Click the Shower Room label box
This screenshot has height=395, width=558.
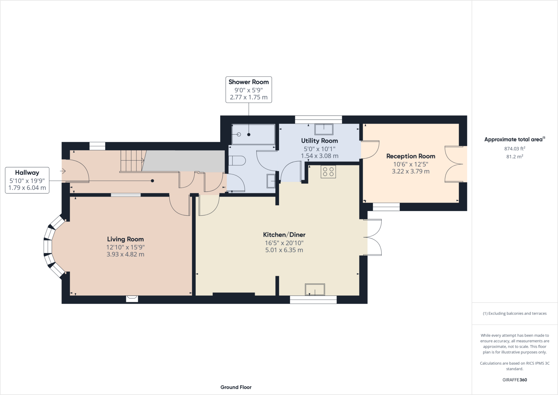point(248,89)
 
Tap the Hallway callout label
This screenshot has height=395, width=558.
point(27,180)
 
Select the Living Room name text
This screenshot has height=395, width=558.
point(125,239)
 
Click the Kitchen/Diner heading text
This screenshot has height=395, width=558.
point(284,234)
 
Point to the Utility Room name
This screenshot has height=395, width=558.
point(319,141)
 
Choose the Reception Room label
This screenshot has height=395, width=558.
point(411,156)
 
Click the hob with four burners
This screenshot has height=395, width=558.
point(328,172)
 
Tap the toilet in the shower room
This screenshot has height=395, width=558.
point(237,161)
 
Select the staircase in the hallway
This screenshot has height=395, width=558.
point(132,161)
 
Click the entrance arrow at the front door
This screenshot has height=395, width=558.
point(63,171)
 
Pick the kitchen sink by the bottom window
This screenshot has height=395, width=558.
point(315,290)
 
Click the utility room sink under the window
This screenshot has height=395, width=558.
point(324,129)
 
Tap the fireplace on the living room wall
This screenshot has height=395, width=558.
point(132,298)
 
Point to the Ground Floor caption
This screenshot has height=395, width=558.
point(236,387)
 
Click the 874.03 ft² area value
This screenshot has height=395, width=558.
point(514,149)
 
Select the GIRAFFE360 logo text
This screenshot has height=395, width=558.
point(514,380)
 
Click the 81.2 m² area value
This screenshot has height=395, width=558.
point(514,156)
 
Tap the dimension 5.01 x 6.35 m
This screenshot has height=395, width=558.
point(284,250)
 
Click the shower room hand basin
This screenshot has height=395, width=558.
point(271,181)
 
